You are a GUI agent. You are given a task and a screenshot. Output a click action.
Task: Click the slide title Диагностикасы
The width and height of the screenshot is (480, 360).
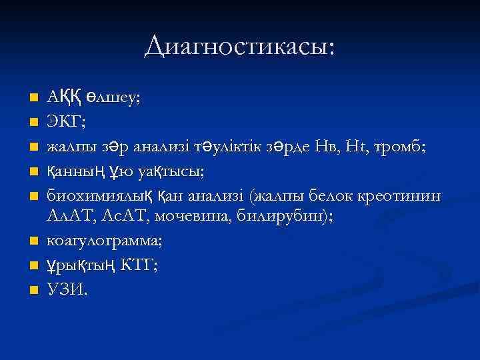point(240,46)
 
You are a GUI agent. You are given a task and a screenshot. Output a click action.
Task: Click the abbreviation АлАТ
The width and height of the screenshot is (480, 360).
point(70,215)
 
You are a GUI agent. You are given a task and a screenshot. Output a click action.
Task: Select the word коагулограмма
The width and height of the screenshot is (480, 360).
point(98,241)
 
